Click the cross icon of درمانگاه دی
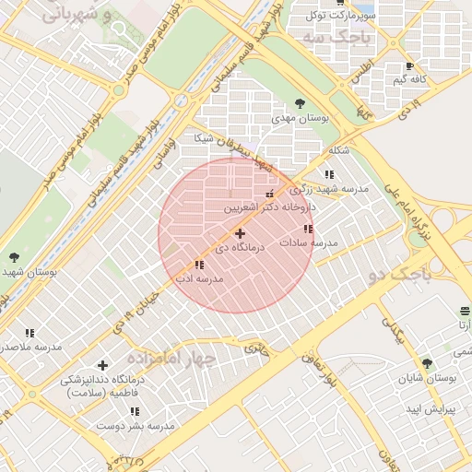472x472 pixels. [x=241, y=234]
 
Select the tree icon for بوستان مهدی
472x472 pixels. [x=298, y=103]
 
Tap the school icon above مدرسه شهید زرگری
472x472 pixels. [x=329, y=174]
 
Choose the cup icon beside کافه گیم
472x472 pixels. [x=409, y=66]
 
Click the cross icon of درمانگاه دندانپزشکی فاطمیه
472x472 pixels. [x=102, y=366]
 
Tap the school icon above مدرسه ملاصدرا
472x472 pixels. [x=29, y=333]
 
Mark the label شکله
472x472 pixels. [x=338, y=150]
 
